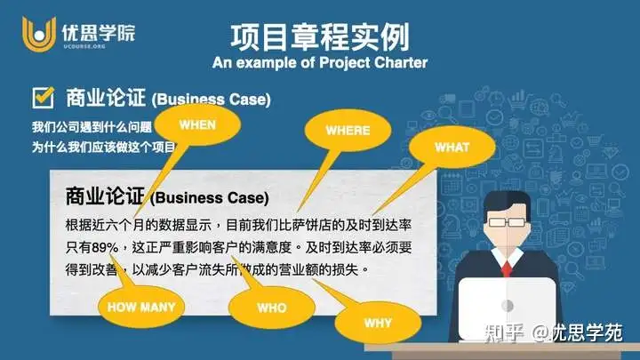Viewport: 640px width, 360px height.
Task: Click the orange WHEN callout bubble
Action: [x=197, y=125]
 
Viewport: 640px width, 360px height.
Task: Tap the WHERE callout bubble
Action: [x=347, y=131]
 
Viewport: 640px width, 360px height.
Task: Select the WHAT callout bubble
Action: [x=452, y=147]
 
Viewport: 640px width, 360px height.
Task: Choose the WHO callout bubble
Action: [x=271, y=308]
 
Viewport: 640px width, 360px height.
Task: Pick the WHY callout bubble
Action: [x=377, y=323]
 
